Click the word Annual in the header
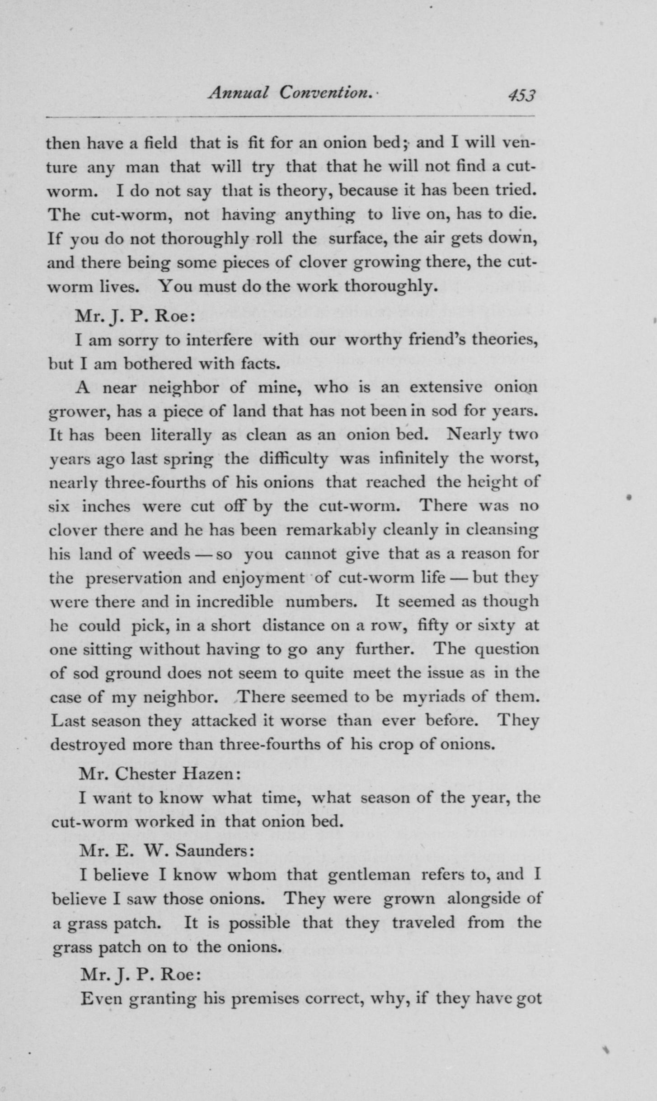click(238, 93)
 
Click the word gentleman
click(369, 875)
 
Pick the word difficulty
click(294, 459)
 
